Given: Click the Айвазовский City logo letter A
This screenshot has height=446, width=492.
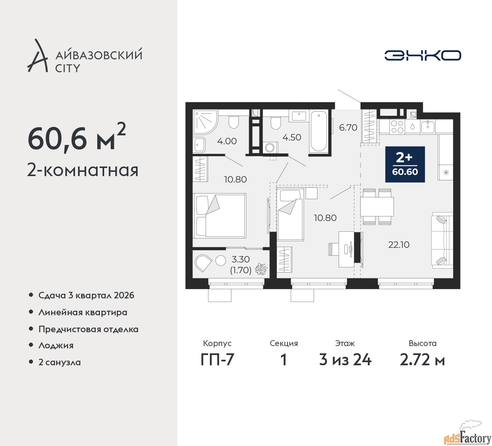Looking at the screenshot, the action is coord(37,56).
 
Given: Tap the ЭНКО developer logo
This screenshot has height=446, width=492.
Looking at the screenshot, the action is coord(422,55).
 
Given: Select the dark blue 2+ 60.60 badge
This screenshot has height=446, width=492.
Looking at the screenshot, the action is coord(405,165).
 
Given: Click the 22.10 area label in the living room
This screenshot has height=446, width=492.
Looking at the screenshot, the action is coord(399,245).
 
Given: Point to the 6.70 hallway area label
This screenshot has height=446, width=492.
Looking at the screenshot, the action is coord(348,128).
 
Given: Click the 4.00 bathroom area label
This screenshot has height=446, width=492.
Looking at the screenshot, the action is coord(227,141).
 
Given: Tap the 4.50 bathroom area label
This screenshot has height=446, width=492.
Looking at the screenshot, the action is coord(292,137).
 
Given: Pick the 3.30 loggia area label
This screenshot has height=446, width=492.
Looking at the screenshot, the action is coord(241,259).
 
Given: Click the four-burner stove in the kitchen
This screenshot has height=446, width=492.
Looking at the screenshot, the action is coord(397,127).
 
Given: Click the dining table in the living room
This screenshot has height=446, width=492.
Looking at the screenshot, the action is coord(377,206).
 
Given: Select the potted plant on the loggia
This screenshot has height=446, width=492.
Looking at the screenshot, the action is coord(261,269).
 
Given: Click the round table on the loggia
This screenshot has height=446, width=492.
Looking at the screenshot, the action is coord(221,261).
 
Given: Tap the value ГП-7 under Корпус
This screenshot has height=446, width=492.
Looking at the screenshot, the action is coord(217,360).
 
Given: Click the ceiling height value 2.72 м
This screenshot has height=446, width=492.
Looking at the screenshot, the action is coord(422,360).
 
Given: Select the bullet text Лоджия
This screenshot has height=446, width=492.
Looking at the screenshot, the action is coord(56,346).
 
